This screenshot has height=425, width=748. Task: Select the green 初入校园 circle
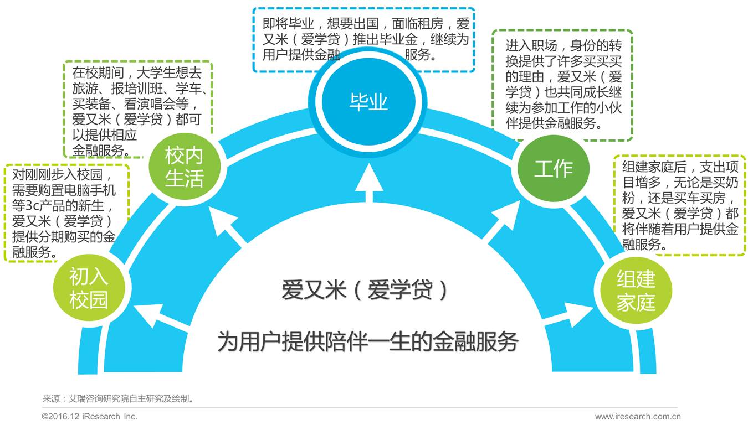coord(89,288)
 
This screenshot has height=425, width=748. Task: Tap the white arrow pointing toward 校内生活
coord(229,227)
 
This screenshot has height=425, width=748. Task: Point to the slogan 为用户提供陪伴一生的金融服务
coord(367,341)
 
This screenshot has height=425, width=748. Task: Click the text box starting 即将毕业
coord(363,39)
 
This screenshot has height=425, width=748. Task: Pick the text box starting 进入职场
coord(562,85)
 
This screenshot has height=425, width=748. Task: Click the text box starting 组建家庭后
coord(679,205)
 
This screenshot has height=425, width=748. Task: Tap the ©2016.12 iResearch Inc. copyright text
coord(90,417)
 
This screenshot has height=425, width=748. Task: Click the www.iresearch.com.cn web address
coord(637,417)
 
